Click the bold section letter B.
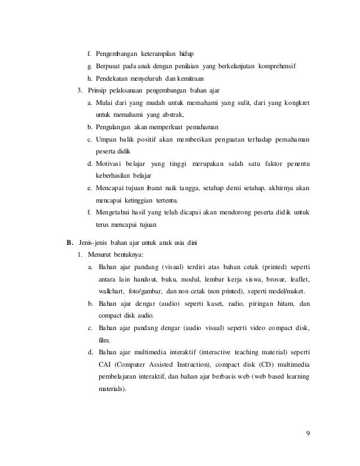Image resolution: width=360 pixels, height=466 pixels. pyautogui.click(x=70, y=243)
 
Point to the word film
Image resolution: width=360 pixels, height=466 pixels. pyautogui.click(x=103, y=340)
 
